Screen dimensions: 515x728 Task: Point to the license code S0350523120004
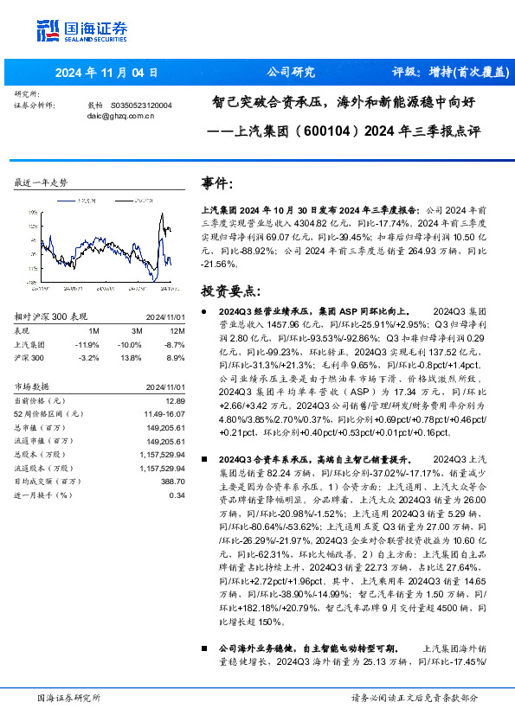[x=142, y=105]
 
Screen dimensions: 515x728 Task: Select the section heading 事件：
[x=217, y=184]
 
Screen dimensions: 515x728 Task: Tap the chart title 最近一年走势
[x=41, y=182]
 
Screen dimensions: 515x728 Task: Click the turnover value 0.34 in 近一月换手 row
[x=177, y=495]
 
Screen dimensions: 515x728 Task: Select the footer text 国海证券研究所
[x=70, y=698]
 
